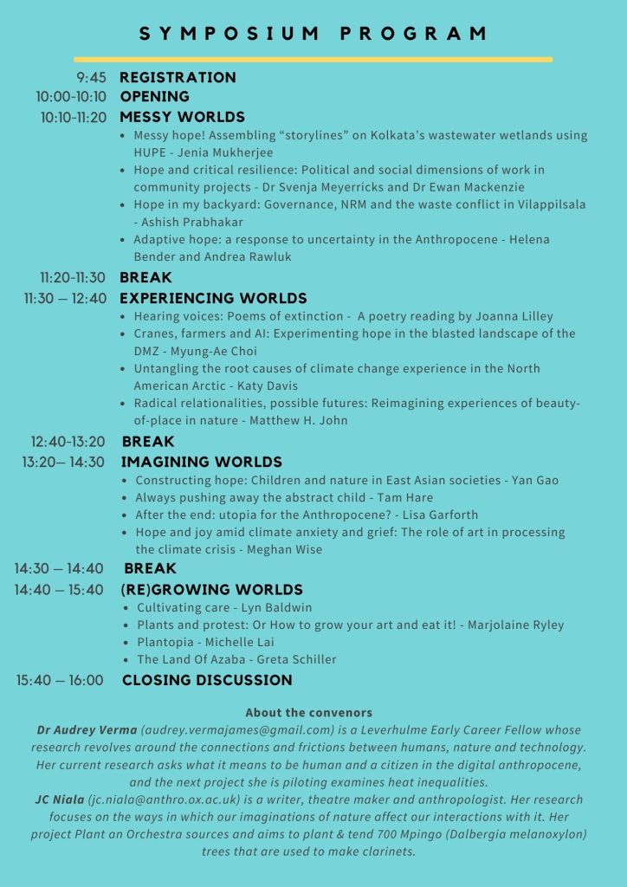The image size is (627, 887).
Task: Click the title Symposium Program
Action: click(313, 34)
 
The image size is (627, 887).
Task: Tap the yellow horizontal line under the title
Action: click(313, 60)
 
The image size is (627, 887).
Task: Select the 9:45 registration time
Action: click(91, 78)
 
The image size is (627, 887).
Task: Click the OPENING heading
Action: click(154, 97)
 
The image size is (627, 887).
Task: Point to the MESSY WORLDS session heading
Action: click(182, 117)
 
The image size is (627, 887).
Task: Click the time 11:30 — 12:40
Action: click(65, 298)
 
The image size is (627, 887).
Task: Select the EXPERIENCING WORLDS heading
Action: click(213, 298)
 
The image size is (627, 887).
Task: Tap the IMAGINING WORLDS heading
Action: click(202, 462)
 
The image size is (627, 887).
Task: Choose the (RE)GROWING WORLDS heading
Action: click(211, 589)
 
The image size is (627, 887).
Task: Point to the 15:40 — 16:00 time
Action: click(60, 681)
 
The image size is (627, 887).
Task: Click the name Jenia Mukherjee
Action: click(212, 152)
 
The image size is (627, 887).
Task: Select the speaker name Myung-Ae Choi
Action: click(212, 351)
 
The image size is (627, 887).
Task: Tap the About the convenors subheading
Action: click(308, 712)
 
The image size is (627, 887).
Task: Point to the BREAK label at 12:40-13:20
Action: click(148, 442)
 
